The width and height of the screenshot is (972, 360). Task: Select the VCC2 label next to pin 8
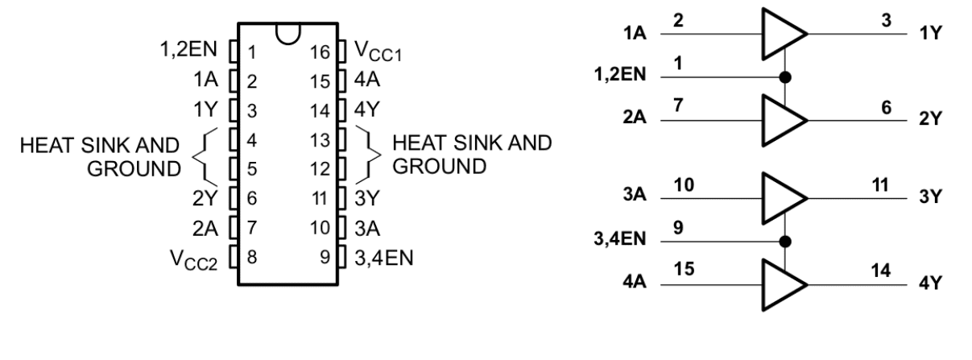(x=195, y=259)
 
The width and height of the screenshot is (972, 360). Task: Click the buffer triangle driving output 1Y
(x=782, y=35)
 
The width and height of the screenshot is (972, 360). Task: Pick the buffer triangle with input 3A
(x=782, y=198)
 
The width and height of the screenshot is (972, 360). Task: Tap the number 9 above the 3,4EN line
(x=678, y=228)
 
